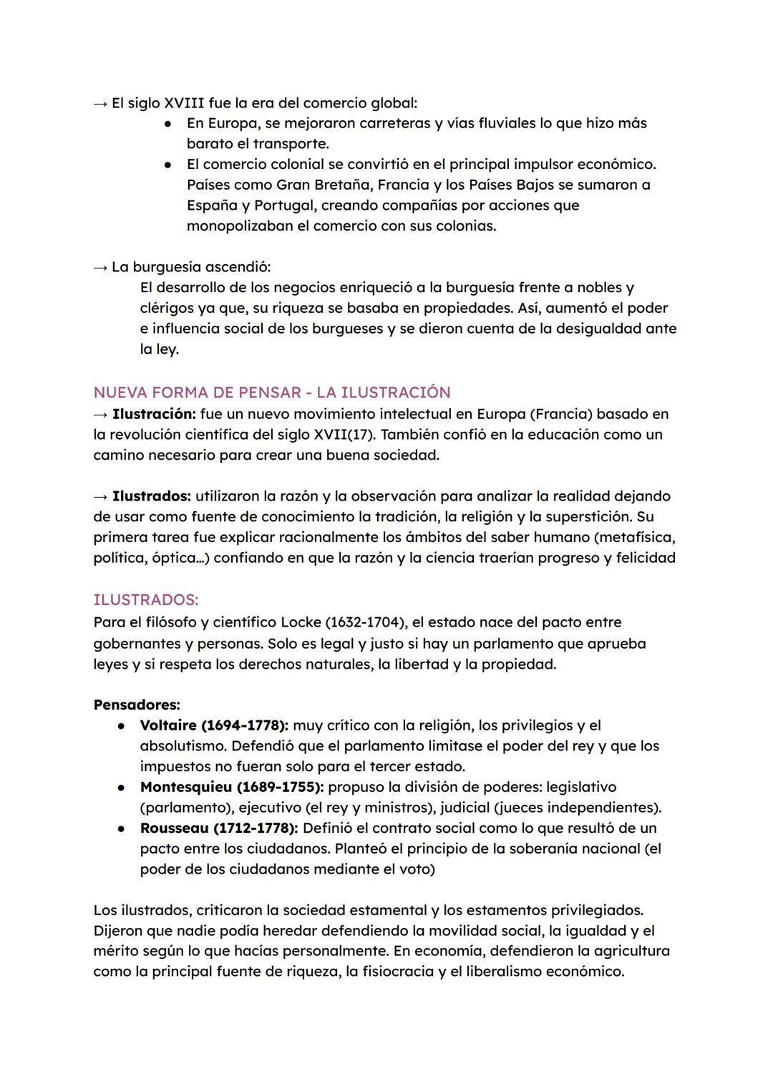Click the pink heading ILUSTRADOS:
[146, 599]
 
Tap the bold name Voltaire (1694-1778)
[214, 725]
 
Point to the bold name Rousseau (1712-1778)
[219, 828]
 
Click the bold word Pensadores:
[137, 705]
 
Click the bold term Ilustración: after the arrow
[154, 414]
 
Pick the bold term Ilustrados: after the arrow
[152, 496]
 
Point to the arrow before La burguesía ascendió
[101, 268]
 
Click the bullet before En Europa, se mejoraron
[167, 124]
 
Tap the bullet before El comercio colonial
[167, 165]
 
